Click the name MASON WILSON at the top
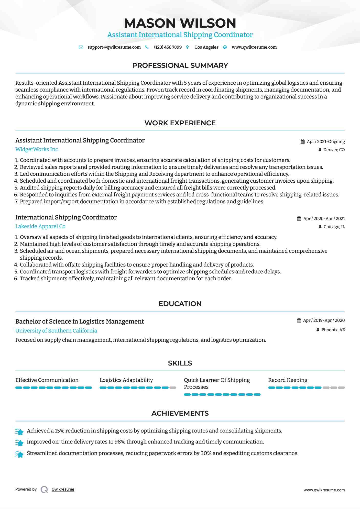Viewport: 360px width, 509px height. pos(180,23)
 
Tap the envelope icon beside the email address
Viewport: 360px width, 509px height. pos(81,47)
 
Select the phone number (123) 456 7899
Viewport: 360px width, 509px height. pos(168,47)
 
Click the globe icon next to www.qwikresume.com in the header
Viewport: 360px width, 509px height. pos(225,47)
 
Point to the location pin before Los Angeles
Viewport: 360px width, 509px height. pos(188,47)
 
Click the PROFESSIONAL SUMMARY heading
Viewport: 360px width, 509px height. pos(180,65)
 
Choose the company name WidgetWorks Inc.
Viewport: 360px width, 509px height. pos(37,149)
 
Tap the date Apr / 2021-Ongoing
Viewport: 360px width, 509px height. pos(326,142)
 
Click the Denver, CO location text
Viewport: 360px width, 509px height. pos(334,150)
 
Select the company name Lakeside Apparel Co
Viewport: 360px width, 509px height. pos(40,226)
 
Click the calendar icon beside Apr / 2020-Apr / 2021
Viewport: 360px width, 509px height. pos(299,219)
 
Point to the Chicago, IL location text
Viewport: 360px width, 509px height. pos(334,227)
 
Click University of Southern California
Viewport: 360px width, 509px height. pos(56,331)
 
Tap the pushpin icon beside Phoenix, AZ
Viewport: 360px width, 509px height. pos(318,330)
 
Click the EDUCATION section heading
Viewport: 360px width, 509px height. pos(180,304)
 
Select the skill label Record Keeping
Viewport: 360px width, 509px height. pos(288,380)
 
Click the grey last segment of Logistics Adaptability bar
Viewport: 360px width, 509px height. pos(173,388)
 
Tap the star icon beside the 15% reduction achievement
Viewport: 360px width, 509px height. pos(19,431)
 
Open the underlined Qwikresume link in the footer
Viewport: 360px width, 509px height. pos(63,489)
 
